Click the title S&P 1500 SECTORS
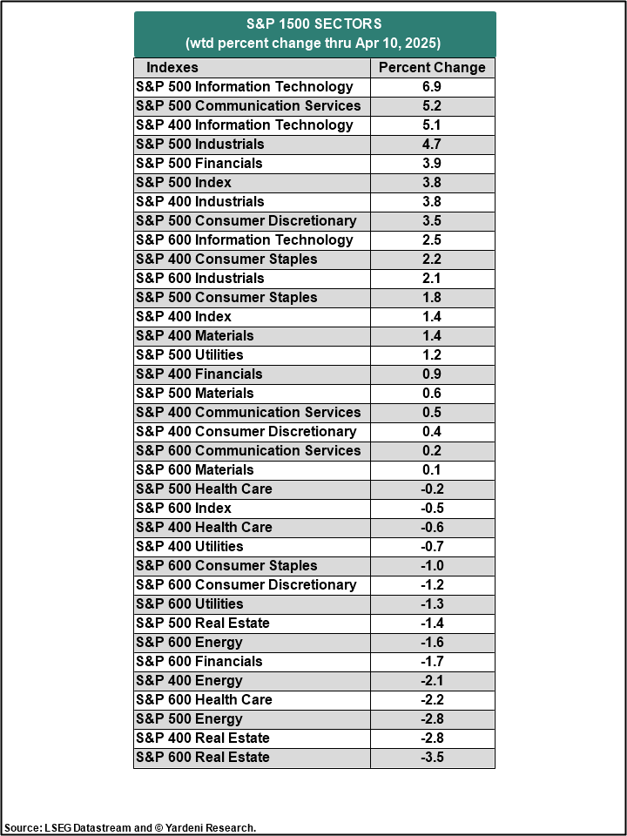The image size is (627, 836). pos(313,24)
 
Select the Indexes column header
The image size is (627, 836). pos(172,67)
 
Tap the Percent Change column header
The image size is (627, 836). pos(432,67)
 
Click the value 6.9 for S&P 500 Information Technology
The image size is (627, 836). pos(432,86)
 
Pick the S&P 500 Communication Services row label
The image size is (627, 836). pos(248,105)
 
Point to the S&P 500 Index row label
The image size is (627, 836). pos(184,182)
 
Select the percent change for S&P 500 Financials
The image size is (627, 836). pos(432,163)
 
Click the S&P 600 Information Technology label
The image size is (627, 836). pos(245,239)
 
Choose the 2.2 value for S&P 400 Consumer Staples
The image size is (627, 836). pos(432,259)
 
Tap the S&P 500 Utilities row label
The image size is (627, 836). pos(190,354)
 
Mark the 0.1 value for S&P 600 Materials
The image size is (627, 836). pos(432,469)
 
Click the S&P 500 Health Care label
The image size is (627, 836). pos(204,489)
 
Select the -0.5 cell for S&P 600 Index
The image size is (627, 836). pos(432,508)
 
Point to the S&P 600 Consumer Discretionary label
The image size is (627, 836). pos(246,584)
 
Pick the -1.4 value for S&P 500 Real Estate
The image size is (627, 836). pos(432,623)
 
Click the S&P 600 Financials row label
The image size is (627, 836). pos(199,661)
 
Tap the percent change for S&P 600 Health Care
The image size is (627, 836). pos(432,699)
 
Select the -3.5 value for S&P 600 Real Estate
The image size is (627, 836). pos(432,757)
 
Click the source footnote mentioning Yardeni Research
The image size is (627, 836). pos(131,827)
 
